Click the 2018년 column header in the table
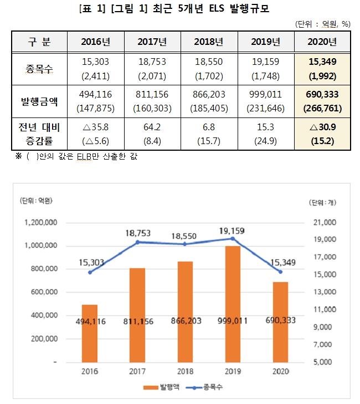coord(209,43)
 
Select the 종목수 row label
coord(39,69)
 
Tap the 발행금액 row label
coord(39,101)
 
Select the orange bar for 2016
coord(90,333)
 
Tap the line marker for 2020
coord(280,272)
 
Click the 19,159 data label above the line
coord(232,231)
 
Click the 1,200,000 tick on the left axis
coord(40,222)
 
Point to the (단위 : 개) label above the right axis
coord(321,203)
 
